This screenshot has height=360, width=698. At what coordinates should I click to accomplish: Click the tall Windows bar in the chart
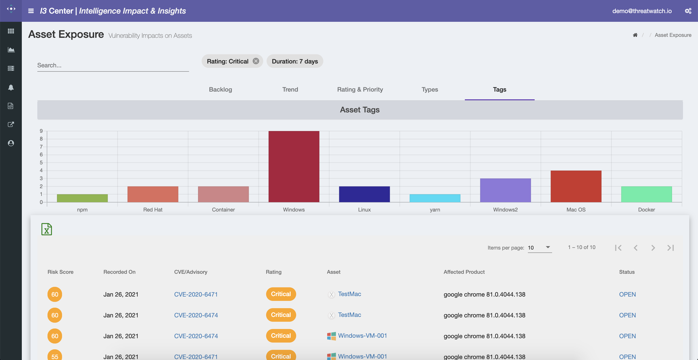(294, 167)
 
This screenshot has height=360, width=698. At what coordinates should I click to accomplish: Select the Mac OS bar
(576, 186)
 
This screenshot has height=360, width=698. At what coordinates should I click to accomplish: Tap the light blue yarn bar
(435, 198)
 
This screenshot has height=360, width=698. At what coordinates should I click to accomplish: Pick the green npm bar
(82, 198)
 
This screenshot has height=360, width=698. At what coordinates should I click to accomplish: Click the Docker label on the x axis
(646, 210)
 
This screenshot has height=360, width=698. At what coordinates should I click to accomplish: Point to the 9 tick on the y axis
(41, 131)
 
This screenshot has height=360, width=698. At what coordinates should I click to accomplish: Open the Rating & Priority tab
(360, 89)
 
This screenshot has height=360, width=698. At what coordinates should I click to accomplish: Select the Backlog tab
(220, 89)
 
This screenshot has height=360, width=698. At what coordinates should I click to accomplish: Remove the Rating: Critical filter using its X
(256, 61)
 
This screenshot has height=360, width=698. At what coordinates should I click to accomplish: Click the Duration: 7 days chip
(295, 62)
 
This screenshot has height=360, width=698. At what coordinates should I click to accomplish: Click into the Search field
(113, 65)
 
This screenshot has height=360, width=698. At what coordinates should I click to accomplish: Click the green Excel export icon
(47, 229)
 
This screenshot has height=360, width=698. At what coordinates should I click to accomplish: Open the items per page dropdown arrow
(548, 247)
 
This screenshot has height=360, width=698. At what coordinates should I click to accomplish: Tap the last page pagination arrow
(670, 248)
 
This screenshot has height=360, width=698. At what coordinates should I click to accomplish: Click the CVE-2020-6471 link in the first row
(196, 294)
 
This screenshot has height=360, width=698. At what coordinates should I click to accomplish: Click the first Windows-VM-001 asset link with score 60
(362, 336)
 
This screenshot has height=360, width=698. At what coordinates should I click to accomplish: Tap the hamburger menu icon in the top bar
(31, 11)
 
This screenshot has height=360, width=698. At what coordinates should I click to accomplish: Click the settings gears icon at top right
(688, 11)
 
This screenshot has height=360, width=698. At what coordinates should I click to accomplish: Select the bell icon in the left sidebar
(11, 87)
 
